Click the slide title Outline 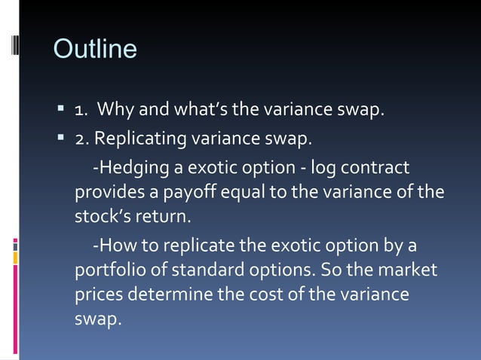95,49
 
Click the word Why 116,111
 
